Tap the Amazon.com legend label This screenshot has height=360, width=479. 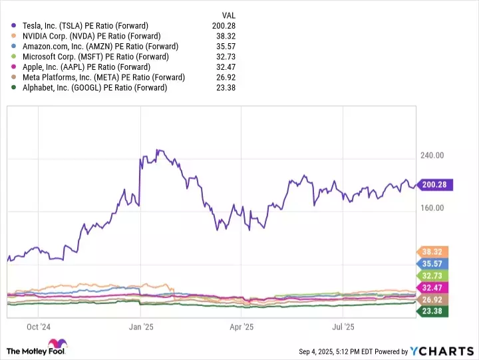(99, 47)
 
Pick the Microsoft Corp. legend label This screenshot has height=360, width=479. (91, 57)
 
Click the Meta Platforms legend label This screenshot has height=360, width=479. (102, 77)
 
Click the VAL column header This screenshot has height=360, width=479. (229, 15)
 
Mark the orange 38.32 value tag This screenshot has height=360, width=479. (432, 252)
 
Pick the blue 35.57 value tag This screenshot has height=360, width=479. (432, 264)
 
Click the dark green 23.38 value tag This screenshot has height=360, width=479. (432, 311)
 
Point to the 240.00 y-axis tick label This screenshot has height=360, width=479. (433, 156)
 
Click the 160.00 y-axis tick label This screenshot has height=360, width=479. (433, 208)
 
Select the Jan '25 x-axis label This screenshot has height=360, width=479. (141, 327)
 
